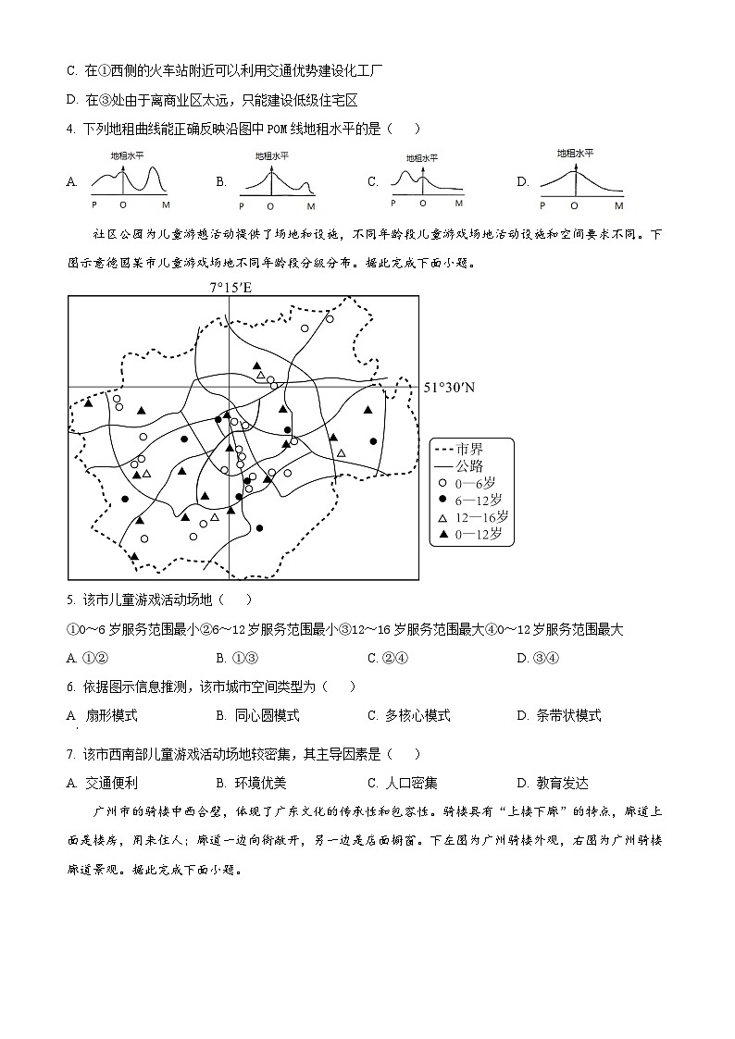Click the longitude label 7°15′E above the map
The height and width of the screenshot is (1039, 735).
click(230, 287)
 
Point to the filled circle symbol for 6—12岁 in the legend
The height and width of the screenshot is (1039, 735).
click(442, 501)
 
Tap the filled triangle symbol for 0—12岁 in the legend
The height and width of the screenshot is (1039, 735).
click(442, 535)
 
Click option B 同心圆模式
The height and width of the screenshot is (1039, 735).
click(257, 715)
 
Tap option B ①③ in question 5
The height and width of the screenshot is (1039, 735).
click(234, 658)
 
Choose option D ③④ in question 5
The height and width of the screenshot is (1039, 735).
click(537, 658)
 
